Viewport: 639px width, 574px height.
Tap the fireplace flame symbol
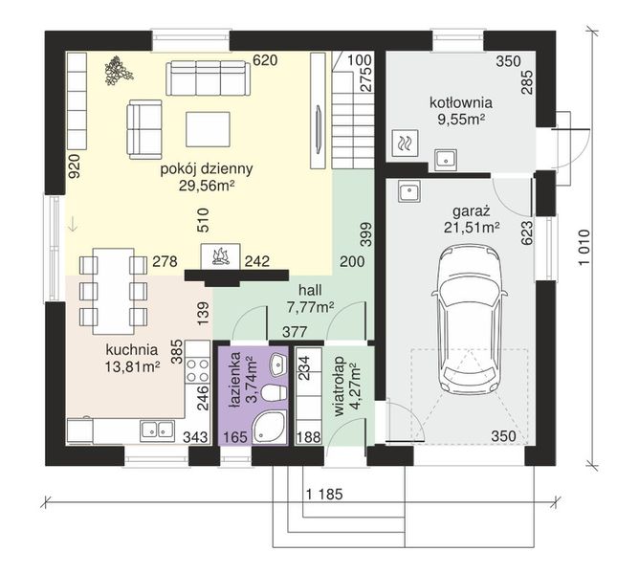pos(220,256)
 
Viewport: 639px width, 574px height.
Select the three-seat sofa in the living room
pos(208,78)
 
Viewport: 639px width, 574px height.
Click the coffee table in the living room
pos(208,129)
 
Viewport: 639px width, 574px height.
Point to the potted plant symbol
pos(119,71)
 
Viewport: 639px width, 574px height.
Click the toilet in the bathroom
pos(273,394)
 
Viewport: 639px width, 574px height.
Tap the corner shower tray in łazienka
pos(269,428)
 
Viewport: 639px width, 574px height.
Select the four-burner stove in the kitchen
pos(198,369)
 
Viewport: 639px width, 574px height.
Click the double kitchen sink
pos(157,430)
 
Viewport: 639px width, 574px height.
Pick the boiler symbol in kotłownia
pos(405,143)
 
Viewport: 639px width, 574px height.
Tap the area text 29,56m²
pos(207,186)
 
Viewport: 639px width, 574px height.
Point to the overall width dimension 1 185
pos(324,494)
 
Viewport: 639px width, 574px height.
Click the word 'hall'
pos(310,290)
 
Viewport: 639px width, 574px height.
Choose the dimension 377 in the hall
pos(295,332)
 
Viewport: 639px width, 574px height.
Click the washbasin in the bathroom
pos(278,364)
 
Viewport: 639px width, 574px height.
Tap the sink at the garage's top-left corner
pos(410,191)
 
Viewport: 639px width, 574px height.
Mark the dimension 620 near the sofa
pos(265,60)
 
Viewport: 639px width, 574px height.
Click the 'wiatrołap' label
pos(339,386)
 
